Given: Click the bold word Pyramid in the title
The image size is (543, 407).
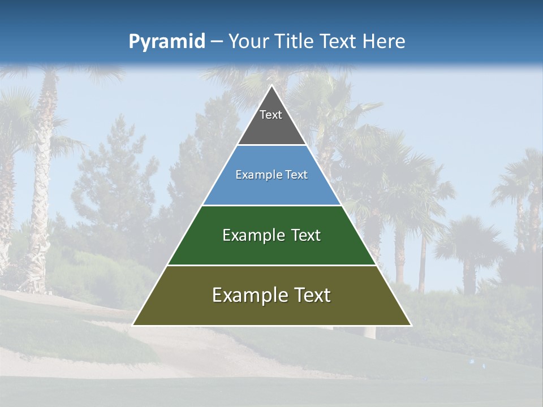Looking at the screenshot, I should click(167, 42).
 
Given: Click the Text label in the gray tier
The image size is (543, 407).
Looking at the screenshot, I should click(271, 115).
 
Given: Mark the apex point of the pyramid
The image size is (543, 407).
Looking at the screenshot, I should click(271, 85).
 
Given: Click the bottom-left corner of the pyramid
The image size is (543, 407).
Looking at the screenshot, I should click(133, 325).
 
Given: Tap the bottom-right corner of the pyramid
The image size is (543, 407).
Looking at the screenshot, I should click(411, 325).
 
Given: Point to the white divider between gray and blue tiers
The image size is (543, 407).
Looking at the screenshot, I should click(271, 145).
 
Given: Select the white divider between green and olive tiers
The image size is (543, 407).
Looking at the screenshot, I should click(271, 265).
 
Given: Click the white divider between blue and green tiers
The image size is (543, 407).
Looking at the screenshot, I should click(271, 205).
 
